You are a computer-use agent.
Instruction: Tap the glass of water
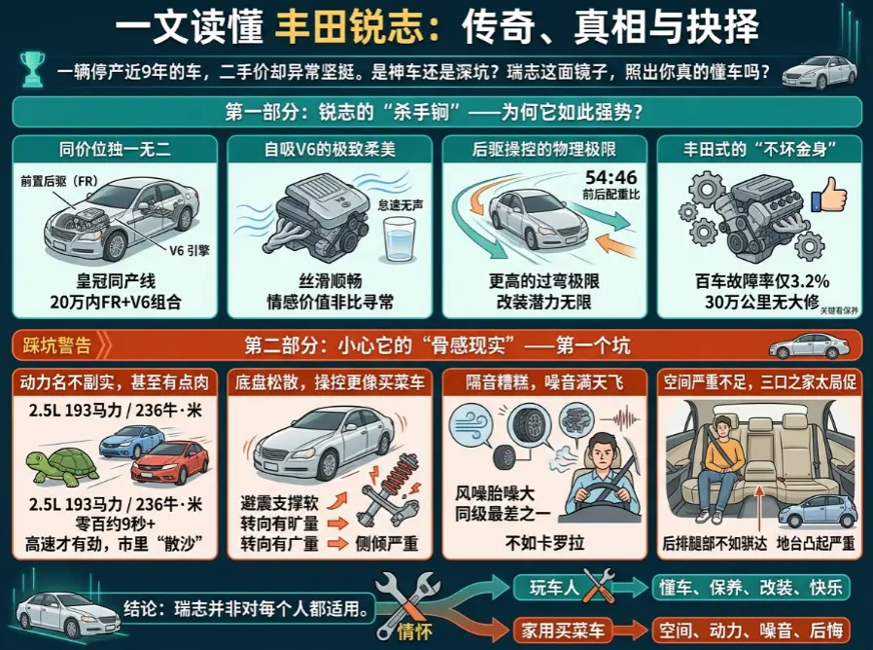(x=398, y=237)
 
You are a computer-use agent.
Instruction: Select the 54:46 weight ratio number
(x=611, y=177)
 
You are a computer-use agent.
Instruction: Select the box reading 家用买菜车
(x=560, y=629)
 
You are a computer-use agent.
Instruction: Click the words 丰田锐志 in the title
(x=352, y=26)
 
